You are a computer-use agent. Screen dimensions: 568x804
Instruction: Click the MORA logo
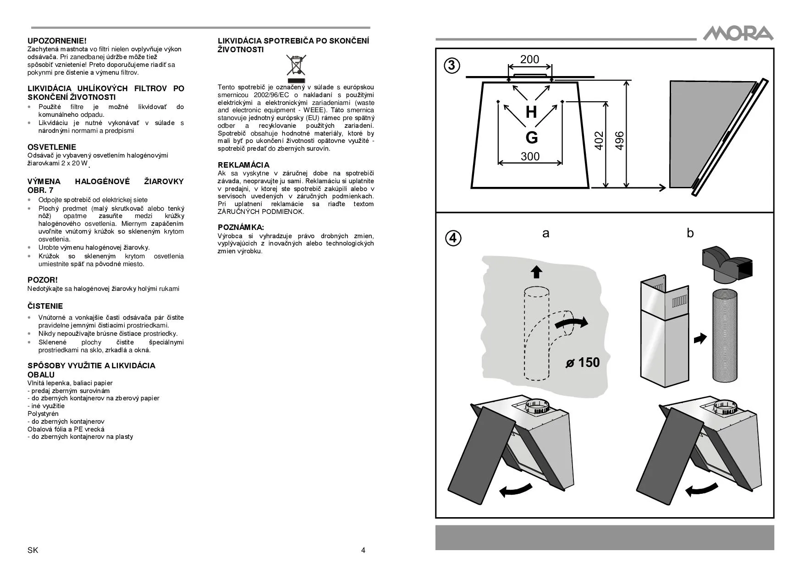(x=738, y=33)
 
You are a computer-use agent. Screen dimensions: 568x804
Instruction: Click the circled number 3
(x=452, y=66)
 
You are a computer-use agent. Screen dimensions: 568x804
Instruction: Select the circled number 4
(x=452, y=238)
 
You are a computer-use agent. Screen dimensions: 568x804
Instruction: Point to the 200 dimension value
(x=529, y=60)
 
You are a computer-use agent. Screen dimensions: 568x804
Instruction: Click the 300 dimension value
(x=530, y=156)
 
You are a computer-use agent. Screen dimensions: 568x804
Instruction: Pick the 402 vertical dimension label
(x=599, y=141)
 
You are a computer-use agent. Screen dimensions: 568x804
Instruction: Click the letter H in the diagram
(x=531, y=112)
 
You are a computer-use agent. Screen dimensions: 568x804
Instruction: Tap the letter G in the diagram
(x=531, y=137)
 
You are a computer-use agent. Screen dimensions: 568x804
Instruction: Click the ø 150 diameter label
(x=583, y=362)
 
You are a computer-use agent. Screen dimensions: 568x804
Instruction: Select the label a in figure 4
(x=545, y=233)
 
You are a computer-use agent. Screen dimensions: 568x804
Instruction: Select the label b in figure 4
(x=690, y=233)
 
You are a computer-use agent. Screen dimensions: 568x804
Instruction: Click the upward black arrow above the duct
(x=536, y=272)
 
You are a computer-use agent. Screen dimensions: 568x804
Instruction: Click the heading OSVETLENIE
(x=52, y=147)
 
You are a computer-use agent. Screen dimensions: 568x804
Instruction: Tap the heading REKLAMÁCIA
(x=243, y=165)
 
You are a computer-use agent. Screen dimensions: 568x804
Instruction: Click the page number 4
(x=363, y=550)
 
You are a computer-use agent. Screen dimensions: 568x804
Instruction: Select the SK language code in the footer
(x=33, y=550)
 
